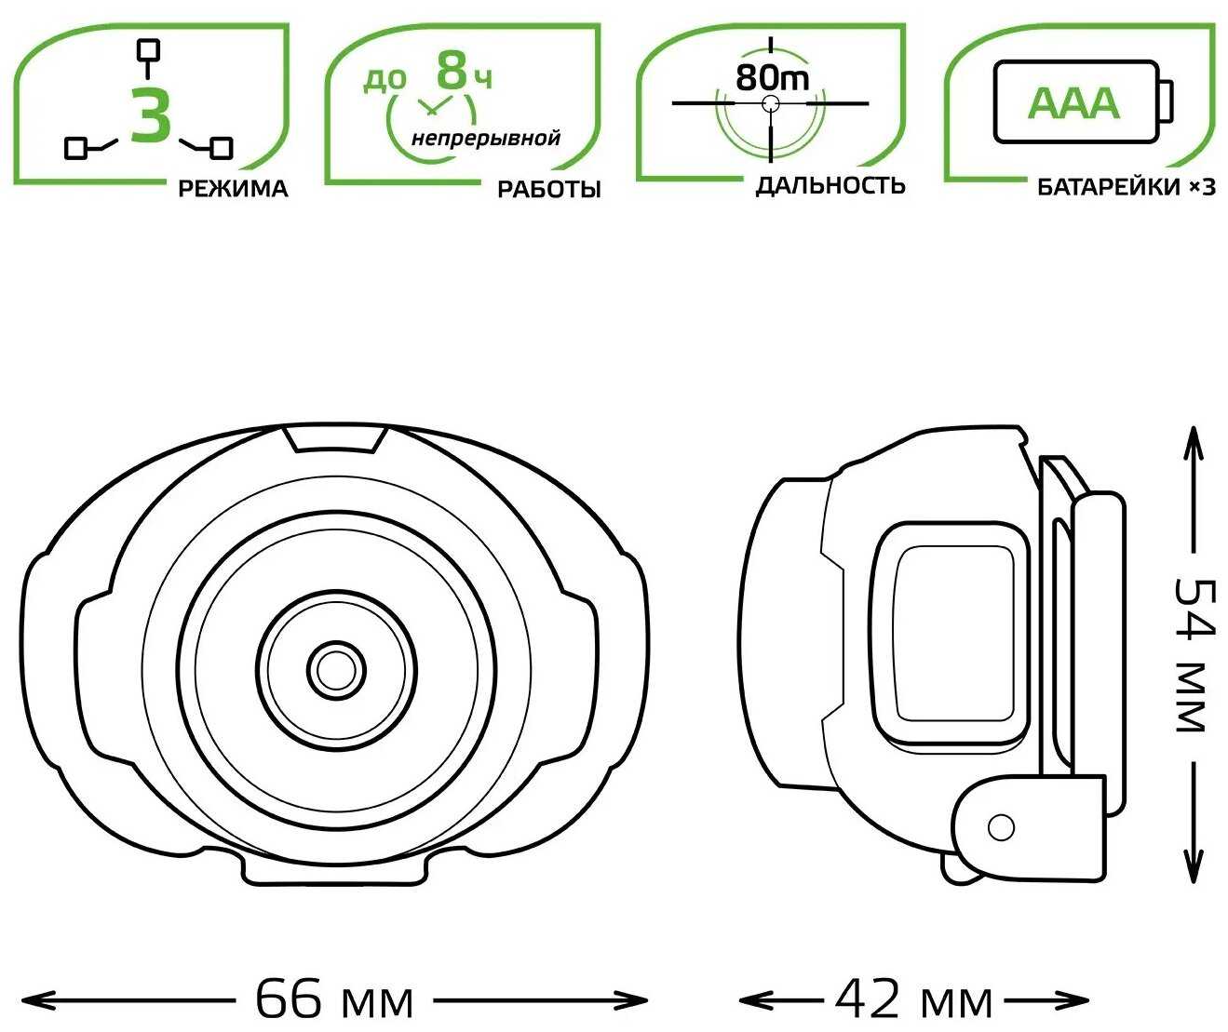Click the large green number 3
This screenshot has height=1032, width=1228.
151,114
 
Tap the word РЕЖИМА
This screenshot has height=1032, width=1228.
233,189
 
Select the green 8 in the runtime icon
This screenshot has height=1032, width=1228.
452,70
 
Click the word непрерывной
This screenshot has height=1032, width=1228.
485,139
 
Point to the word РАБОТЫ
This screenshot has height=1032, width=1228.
549,190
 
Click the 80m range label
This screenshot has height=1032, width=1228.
772,77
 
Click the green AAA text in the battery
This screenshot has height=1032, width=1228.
1073,103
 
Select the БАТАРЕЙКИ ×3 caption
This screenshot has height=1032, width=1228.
1126,188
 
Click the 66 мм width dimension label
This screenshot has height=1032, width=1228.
334,999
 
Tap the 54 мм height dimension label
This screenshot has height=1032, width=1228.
1194,656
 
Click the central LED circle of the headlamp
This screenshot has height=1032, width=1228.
336,670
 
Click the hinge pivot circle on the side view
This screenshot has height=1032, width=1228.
1001,828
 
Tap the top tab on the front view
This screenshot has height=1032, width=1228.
334,438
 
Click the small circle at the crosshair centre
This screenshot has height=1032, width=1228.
771,104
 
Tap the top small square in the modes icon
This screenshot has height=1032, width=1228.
148,50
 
